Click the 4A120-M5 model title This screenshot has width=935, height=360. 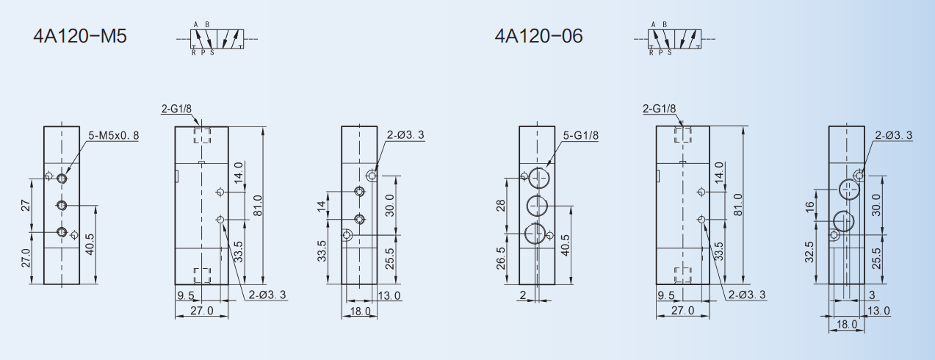(x=80, y=36)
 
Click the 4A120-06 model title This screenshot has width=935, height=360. (x=538, y=36)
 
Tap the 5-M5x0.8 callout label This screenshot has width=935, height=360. (x=114, y=135)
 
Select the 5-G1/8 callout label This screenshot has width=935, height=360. (x=581, y=135)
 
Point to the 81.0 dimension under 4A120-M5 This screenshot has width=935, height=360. (x=258, y=206)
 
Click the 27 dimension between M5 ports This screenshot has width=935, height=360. (x=26, y=206)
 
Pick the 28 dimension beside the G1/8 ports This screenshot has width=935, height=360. (x=500, y=206)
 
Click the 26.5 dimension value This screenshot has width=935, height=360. (x=500, y=258)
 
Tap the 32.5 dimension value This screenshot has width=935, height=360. (x=809, y=252)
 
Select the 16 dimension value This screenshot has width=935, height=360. (x=809, y=206)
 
